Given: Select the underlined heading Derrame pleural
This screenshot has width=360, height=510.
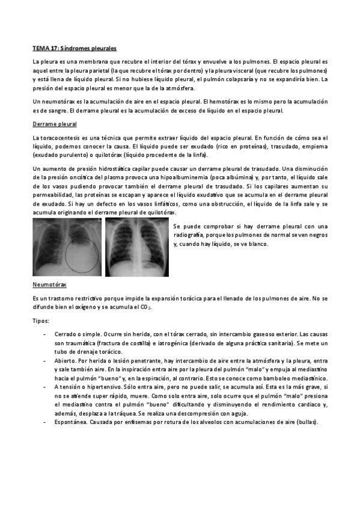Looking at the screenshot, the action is (x=55, y=124).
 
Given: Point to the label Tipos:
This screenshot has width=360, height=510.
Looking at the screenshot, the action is (x=41, y=320).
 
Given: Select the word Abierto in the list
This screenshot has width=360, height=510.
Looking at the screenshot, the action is (x=66, y=360).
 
